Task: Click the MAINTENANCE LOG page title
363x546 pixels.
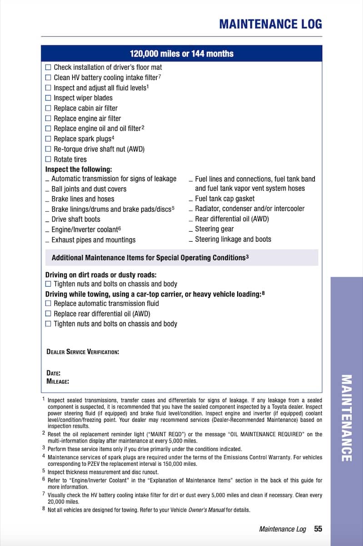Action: coord(270,24)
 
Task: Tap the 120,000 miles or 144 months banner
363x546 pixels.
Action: coord(181,54)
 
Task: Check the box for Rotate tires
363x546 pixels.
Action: coord(48,159)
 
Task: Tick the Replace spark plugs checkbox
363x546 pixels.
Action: coord(48,139)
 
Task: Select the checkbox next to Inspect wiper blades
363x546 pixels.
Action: coord(48,98)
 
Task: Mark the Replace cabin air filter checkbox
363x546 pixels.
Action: coord(48,108)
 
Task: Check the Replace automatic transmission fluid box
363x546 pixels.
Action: coord(48,303)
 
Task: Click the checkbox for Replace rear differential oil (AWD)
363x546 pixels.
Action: coord(48,313)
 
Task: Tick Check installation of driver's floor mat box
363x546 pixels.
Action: coord(48,67)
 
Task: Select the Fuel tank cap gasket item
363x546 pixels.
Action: coord(224,198)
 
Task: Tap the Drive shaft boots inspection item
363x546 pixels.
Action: coord(75,219)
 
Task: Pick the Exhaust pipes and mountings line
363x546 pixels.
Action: coord(93,240)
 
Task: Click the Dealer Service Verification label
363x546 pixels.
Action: coord(83,352)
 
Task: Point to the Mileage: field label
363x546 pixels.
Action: coord(58,381)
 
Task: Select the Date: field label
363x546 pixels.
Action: coord(54,373)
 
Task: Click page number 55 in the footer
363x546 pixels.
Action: coord(318,529)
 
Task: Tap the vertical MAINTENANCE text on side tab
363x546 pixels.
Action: coord(346,418)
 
